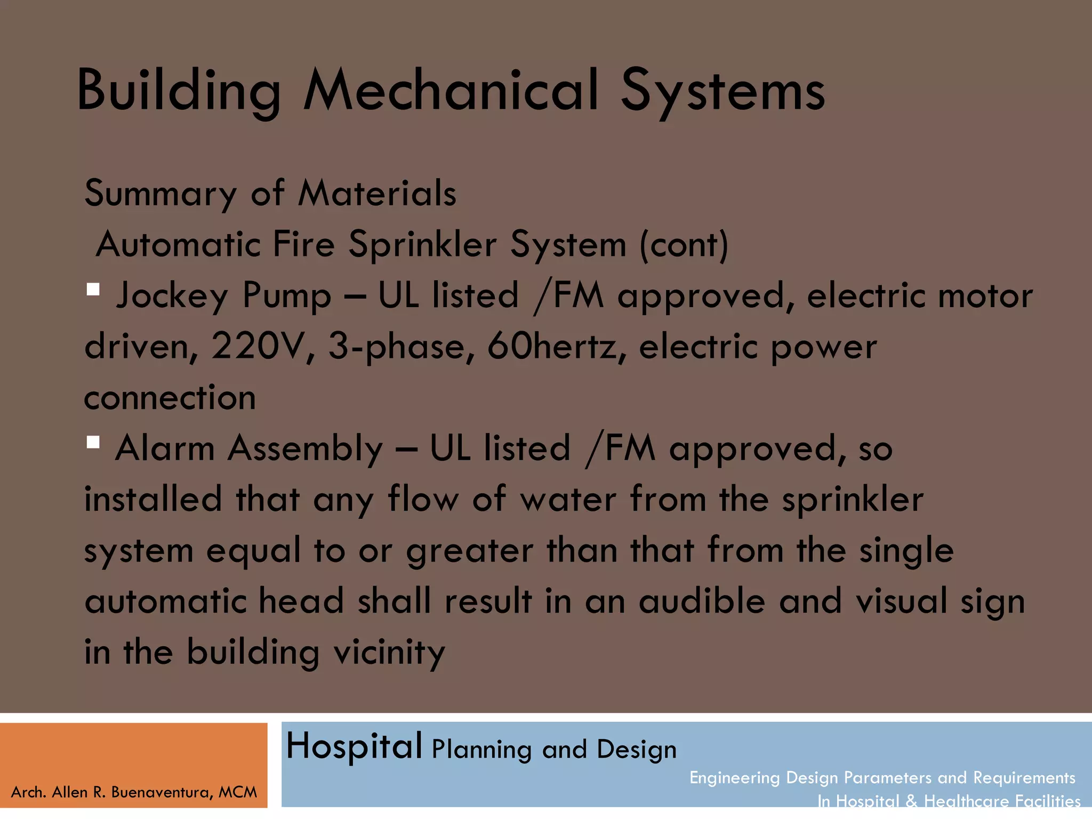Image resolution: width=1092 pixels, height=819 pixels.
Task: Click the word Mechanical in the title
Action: pyautogui.click(x=451, y=91)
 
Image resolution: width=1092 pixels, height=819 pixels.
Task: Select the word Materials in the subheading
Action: pyautogui.click(x=377, y=193)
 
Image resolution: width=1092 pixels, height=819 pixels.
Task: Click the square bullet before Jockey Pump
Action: pyautogui.click(x=93, y=290)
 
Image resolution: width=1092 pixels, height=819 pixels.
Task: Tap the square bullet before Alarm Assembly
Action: pyautogui.click(x=93, y=443)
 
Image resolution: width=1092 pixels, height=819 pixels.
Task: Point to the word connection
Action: pyautogui.click(x=170, y=398)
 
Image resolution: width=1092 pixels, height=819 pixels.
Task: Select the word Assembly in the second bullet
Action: pyautogui.click(x=305, y=449)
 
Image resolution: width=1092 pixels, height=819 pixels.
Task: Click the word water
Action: pyautogui.click(x=568, y=500)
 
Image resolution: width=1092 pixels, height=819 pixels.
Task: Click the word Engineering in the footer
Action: pyautogui.click(x=734, y=778)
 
